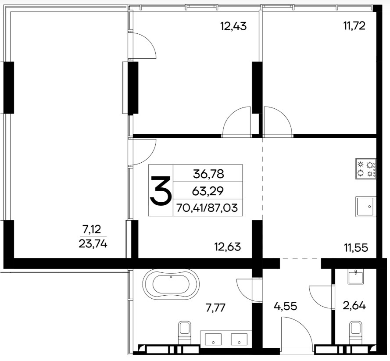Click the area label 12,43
[x=233, y=26]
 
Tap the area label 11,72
[x=354, y=26]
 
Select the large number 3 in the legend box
[x=161, y=191]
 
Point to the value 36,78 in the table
[x=208, y=174]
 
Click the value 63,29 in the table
[x=208, y=191]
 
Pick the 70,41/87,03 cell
[x=207, y=207]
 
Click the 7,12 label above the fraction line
[x=92, y=229]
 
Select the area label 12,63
[x=227, y=247]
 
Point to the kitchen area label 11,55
[x=356, y=248]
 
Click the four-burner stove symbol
[x=366, y=168]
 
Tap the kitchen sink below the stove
[x=365, y=206]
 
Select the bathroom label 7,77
[x=215, y=308]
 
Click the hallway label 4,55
[x=285, y=306]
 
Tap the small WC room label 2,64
[x=354, y=306]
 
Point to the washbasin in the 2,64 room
[x=356, y=277]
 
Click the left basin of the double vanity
[x=213, y=340]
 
